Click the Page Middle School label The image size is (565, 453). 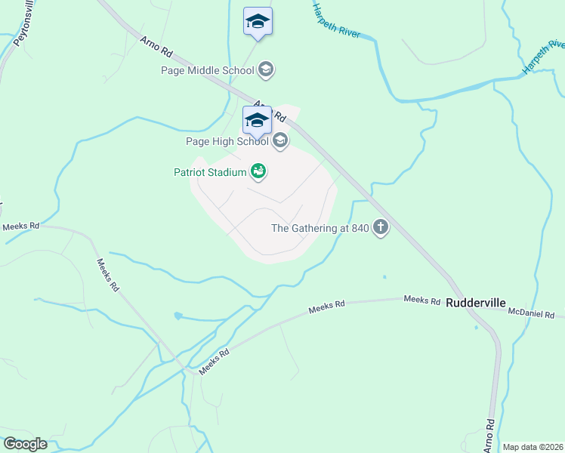pos(208,71)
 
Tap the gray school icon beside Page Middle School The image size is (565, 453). pos(265,71)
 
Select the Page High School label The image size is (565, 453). pos(227,141)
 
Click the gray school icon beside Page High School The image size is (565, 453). pos(280,140)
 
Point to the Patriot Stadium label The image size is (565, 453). pos(211,172)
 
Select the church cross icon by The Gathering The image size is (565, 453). pos(380,228)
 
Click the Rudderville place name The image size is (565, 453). pos(475,303)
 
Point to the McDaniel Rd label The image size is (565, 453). pos(532,313)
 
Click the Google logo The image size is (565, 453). pos(25,444)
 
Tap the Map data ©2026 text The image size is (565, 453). pos(532,447)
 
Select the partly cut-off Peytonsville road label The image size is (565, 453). pos(18,24)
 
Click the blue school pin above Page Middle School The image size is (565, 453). pos(258,22)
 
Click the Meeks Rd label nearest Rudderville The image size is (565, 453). pos(421,300)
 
